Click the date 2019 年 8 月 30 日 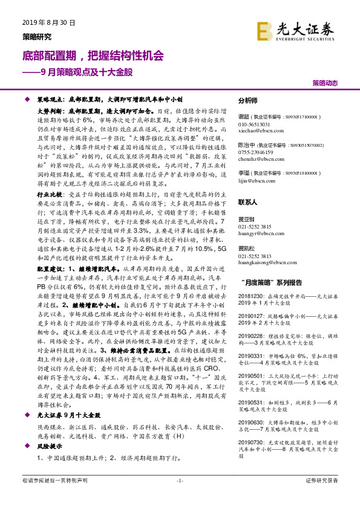click(48, 23)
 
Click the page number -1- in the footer click(179, 497)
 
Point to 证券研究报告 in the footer click(322, 497)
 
